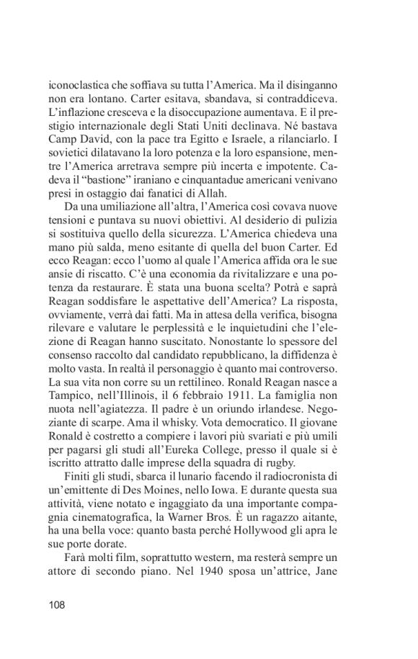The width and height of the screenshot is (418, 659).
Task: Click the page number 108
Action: pos(57,605)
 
